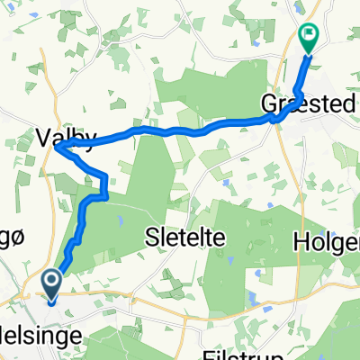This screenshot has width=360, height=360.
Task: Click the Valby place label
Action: coord(66,137)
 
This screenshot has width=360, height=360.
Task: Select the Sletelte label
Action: coord(184,237)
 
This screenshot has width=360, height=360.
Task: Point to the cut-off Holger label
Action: coord(327,242)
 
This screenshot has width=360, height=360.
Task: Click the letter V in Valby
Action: coord(43,137)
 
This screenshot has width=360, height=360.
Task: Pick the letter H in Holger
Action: coord(301,242)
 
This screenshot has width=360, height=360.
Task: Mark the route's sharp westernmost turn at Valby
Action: coord(57,149)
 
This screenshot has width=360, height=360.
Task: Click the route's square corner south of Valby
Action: coord(106,174)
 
